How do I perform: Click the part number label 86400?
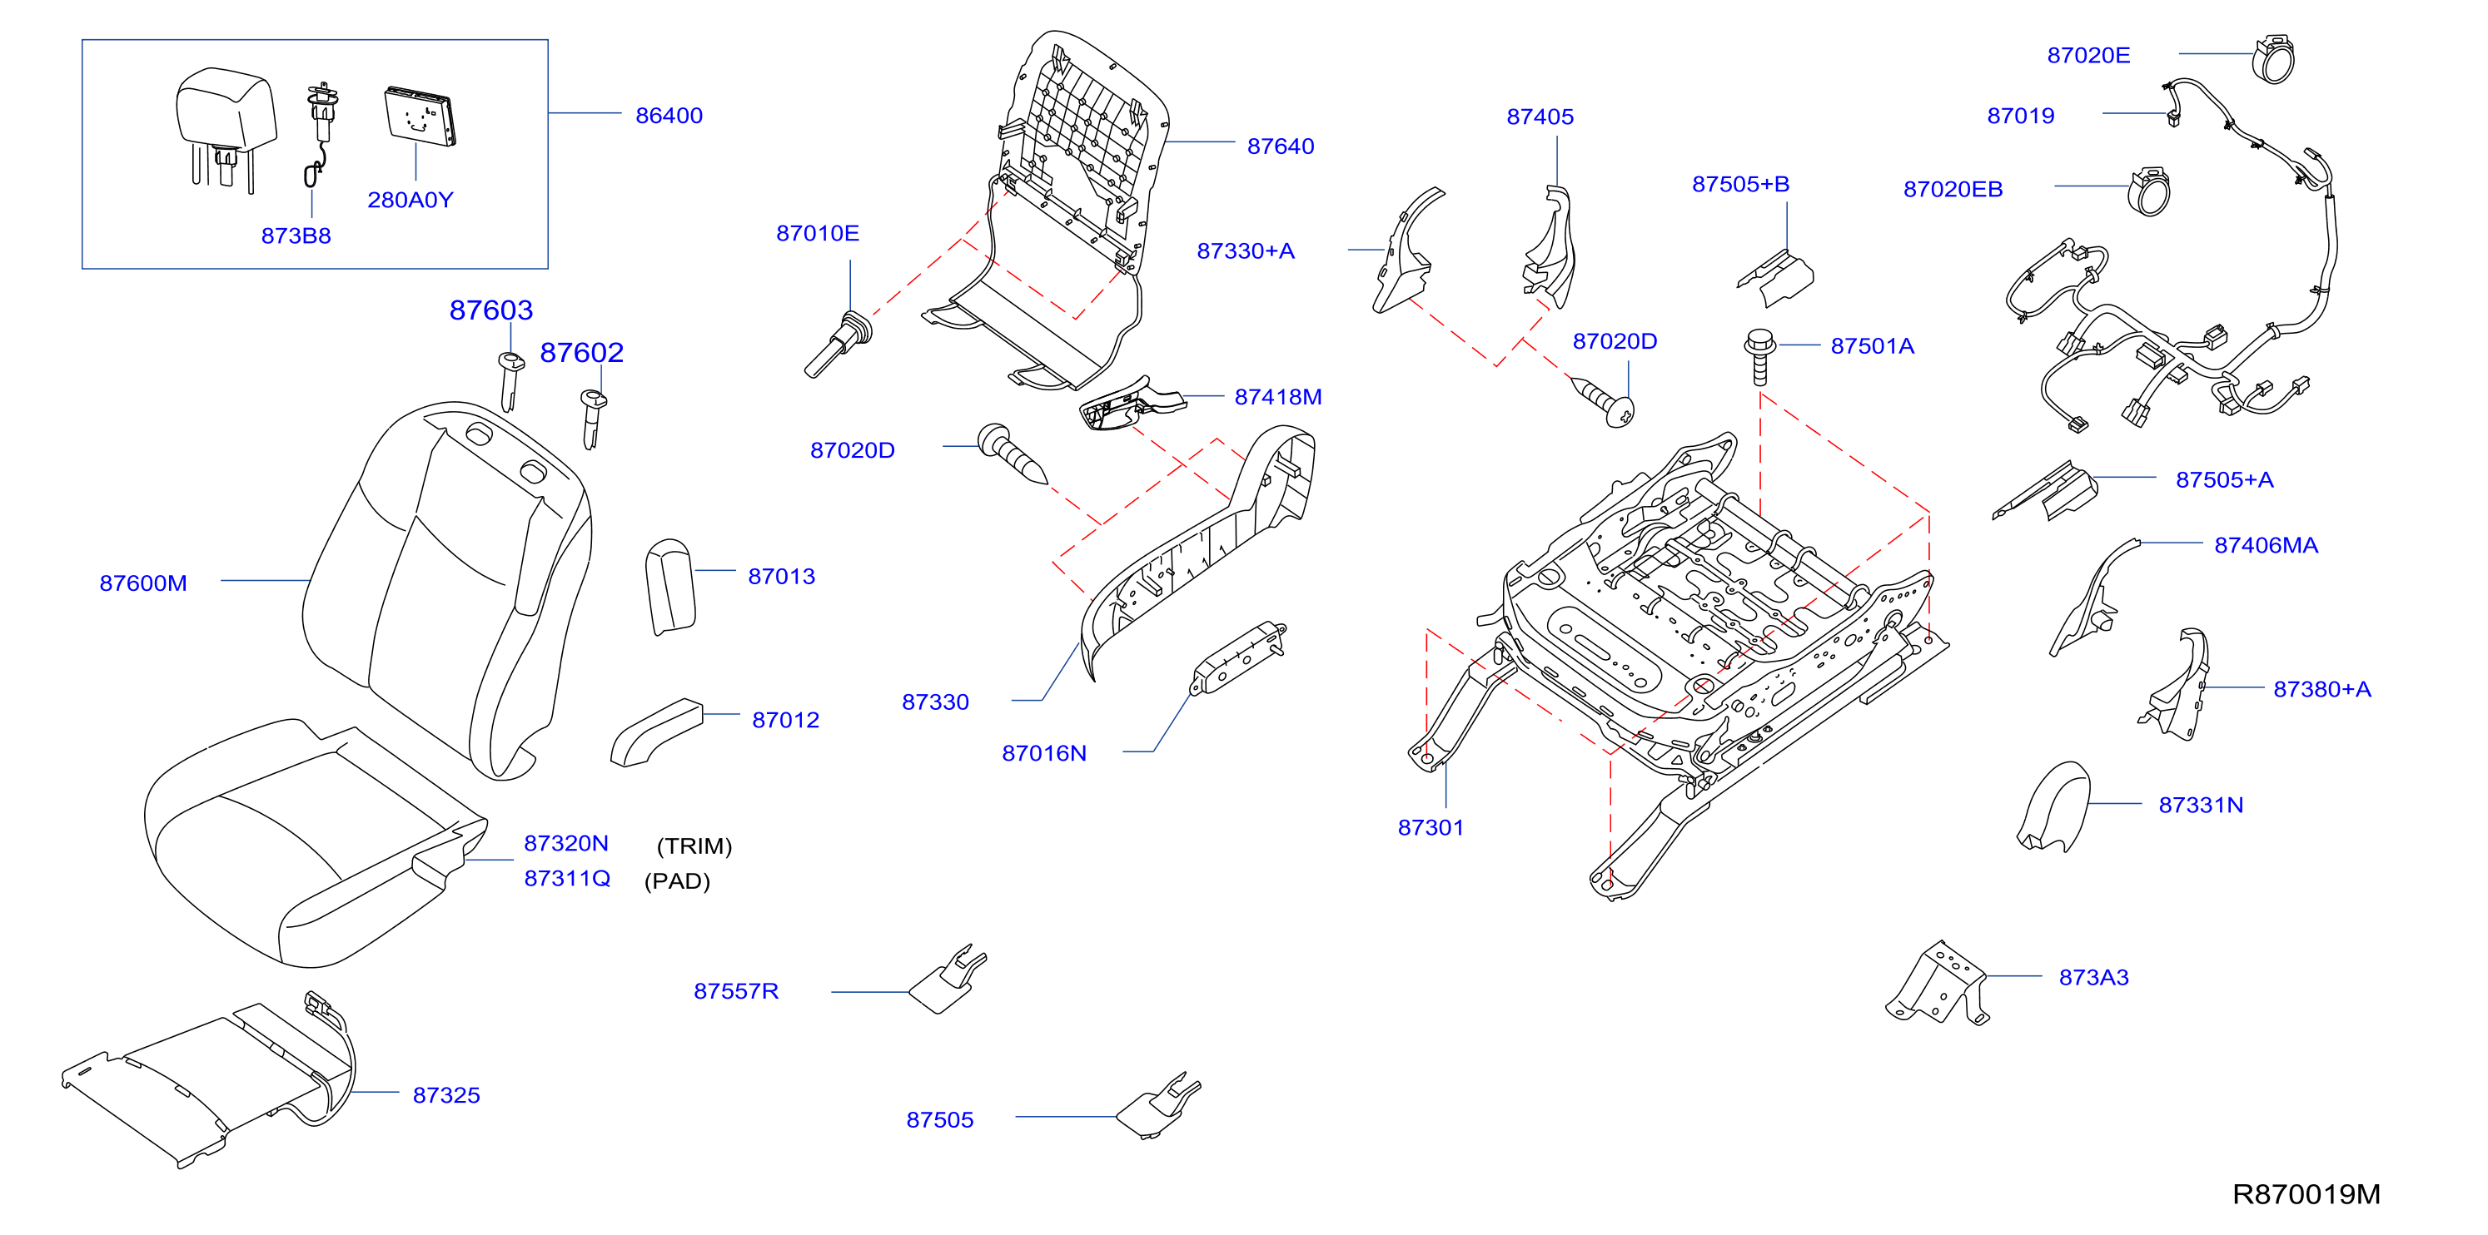coord(669,116)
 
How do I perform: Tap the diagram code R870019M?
coord(2306,1194)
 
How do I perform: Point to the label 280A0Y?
coord(411,200)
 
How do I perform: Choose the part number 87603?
coord(490,310)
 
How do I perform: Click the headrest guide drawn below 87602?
coord(593,418)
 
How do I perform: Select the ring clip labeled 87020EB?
coord(2149,191)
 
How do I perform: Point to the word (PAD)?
coord(677,880)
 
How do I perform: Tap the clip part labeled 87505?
coord(1158,1107)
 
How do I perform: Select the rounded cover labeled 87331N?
coord(2054,807)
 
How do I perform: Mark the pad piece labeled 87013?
coord(670,587)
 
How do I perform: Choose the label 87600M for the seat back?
coord(143,583)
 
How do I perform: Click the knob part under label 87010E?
coord(838,344)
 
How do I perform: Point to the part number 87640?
coord(1280,146)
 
